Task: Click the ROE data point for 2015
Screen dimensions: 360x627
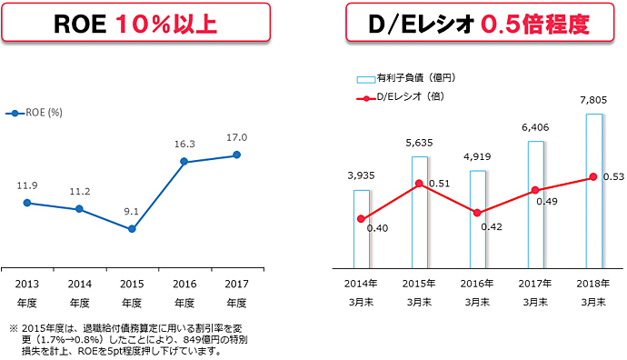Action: click(132, 229)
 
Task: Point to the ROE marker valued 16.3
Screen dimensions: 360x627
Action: click(184, 162)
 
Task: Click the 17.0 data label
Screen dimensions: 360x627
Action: click(236, 137)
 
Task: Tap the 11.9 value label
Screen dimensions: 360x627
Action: click(27, 185)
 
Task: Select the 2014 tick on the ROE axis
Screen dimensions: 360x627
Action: click(79, 283)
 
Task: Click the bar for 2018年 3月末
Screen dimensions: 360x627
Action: click(594, 191)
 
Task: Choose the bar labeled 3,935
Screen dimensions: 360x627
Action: click(362, 229)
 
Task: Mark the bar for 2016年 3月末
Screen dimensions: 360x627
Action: click(478, 218)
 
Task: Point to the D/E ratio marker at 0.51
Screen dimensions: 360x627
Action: click(419, 184)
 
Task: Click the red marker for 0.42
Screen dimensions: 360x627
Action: click(477, 213)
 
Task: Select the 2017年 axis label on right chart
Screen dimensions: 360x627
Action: click(536, 283)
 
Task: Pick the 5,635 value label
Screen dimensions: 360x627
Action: click(420, 142)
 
